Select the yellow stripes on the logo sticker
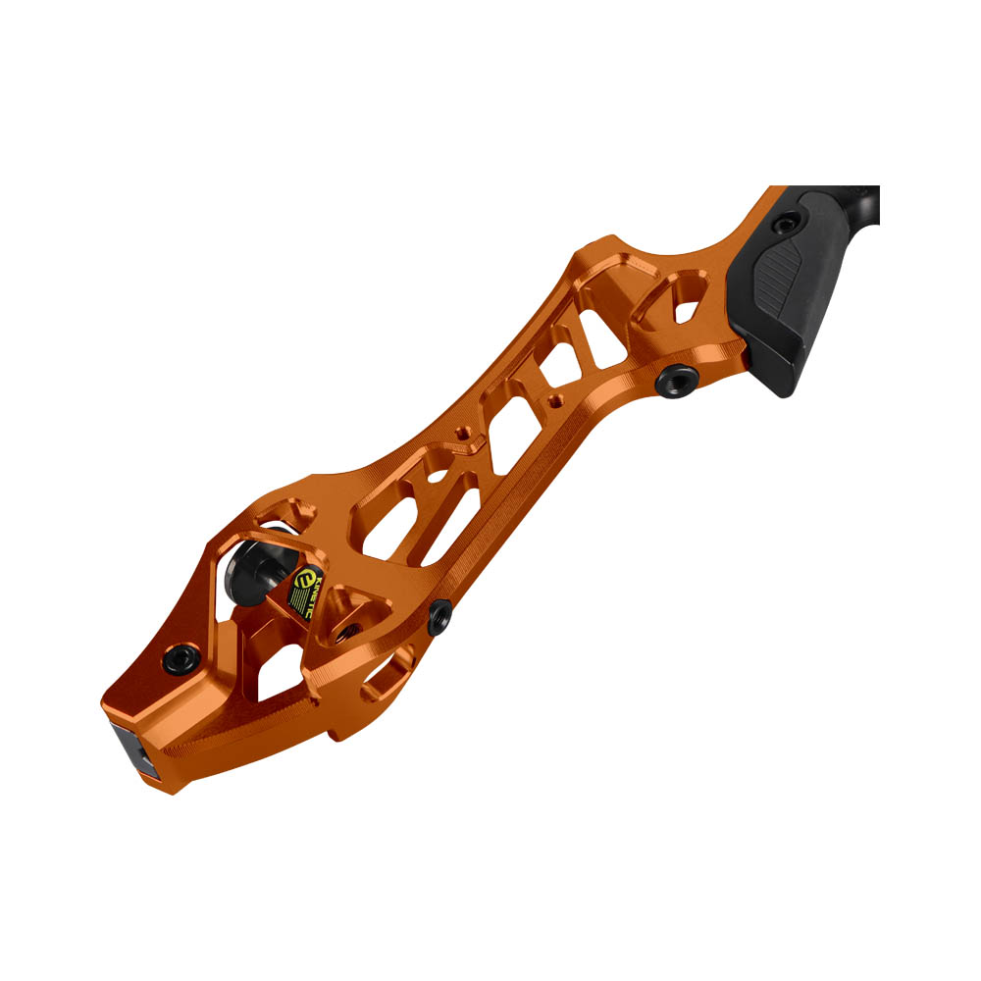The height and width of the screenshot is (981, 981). (293, 608)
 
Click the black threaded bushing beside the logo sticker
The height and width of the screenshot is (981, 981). (440, 616)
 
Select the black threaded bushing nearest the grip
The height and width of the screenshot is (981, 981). (676, 377)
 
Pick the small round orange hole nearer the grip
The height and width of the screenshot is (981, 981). (556, 400)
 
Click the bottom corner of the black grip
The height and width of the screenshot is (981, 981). (780, 389)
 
